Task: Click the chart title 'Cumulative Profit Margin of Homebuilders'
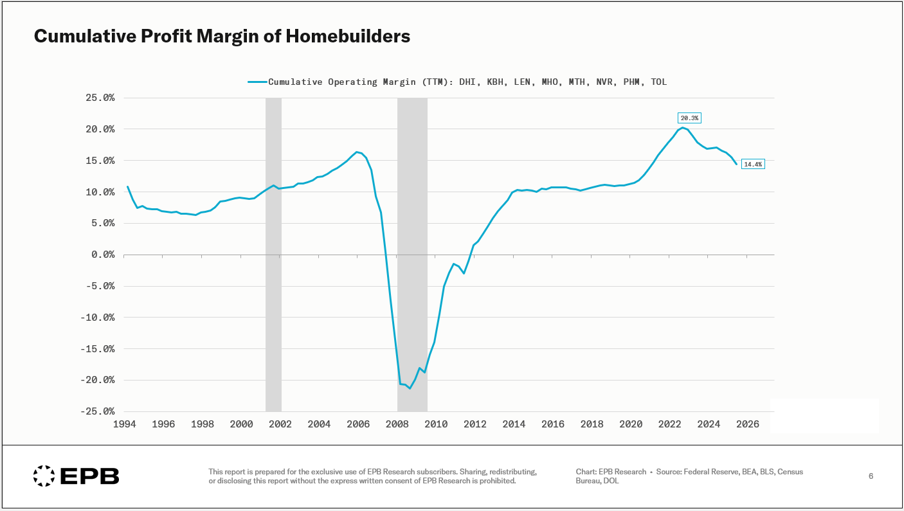tap(222, 37)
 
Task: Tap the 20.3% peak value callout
tap(689, 118)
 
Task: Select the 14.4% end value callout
tap(752, 164)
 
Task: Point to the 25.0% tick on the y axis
tap(100, 98)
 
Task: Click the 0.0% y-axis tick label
tap(103, 255)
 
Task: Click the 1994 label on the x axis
tap(124, 424)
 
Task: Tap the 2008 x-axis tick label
tap(397, 424)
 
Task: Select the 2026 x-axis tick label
tap(748, 424)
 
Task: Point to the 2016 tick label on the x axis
tap(553, 424)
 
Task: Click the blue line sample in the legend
tap(257, 82)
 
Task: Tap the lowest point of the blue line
tap(410, 388)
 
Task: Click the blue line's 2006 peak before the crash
tap(357, 152)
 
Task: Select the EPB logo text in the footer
tap(90, 476)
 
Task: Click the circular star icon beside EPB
tap(44, 476)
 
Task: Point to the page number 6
tap(871, 476)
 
